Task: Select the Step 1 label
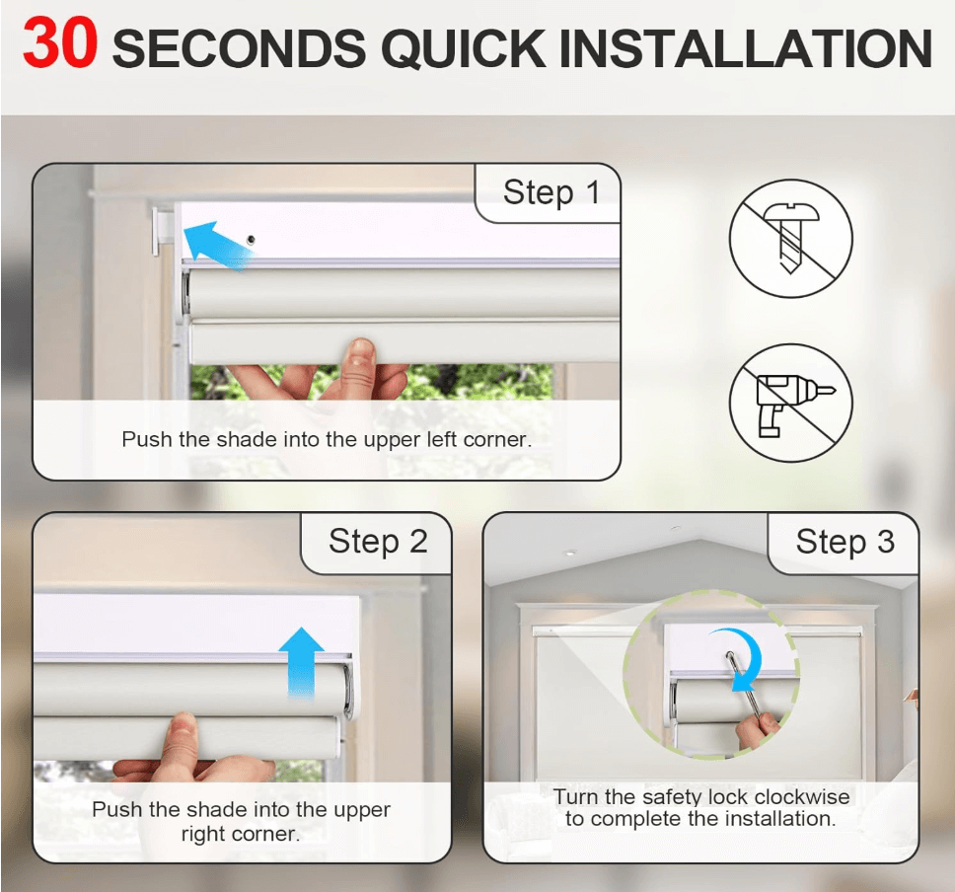[551, 191]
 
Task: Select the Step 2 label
[378, 541]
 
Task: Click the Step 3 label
[845, 541]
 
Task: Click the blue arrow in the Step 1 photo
[218, 244]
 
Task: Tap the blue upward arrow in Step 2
[301, 656]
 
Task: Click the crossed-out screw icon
[790, 238]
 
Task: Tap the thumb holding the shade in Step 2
[184, 735]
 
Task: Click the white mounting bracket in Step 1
[163, 228]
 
